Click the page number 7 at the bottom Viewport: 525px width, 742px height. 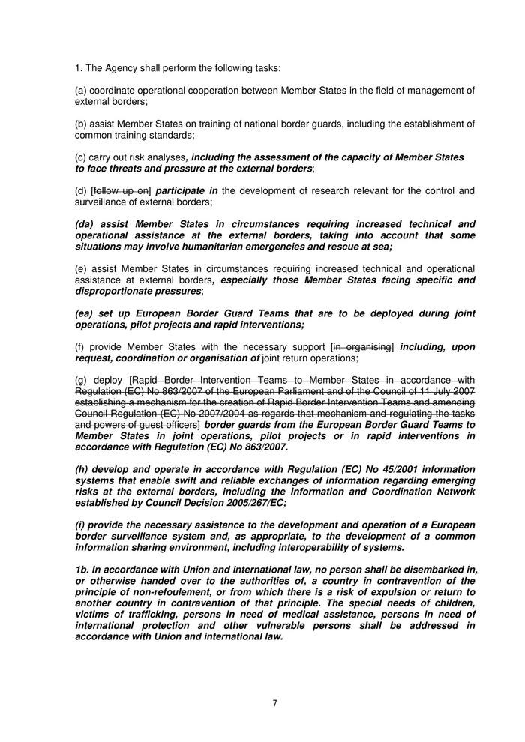274,702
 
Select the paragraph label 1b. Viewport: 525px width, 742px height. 84,570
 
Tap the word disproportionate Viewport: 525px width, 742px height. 116,291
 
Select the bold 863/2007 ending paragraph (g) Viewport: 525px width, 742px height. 268,447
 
